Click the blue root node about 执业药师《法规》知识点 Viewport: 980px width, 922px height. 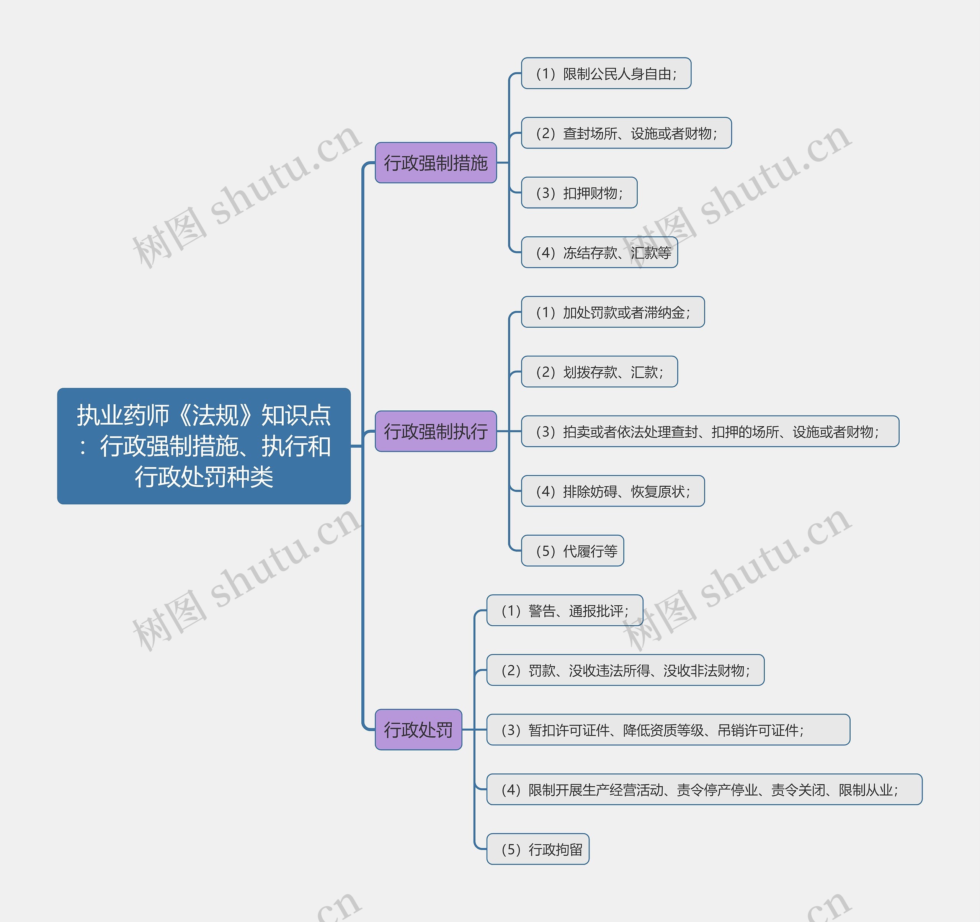[204, 446]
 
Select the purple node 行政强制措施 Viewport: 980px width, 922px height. [435, 163]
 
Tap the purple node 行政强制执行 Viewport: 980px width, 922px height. [435, 432]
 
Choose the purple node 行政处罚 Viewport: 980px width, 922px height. [418, 730]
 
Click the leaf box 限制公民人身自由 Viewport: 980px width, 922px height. [606, 74]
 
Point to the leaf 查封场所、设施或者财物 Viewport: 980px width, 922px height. [626, 133]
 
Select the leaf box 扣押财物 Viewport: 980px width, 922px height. [579, 193]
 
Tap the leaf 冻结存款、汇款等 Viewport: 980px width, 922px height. [599, 252]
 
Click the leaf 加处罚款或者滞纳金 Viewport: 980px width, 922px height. [613, 312]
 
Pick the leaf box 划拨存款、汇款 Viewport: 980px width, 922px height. [599, 372]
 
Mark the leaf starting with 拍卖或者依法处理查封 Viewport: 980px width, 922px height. [710, 432]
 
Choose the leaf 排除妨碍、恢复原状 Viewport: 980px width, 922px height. [613, 491]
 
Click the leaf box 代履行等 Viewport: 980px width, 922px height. [572, 551]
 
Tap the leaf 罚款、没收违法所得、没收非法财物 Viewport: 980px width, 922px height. [625, 670]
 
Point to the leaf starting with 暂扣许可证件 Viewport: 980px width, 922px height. [668, 730]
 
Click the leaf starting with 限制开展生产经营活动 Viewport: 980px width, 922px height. [704, 790]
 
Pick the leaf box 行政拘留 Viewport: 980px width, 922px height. [538, 849]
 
